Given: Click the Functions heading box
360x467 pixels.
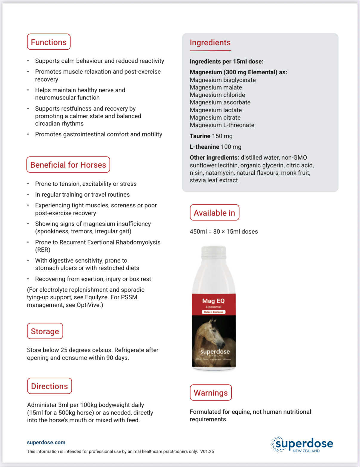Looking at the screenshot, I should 49,42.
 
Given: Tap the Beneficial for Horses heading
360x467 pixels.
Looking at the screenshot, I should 68,165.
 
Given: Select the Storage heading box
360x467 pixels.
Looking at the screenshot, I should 45,331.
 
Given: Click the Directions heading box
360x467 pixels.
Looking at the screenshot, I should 49,386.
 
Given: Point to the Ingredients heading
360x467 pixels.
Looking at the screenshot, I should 210,43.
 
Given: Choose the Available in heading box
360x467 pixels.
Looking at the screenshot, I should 214,213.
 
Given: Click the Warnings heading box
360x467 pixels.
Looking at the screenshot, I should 211,393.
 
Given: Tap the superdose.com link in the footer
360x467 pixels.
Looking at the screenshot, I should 46,442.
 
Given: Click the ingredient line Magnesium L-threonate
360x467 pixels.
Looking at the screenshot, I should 222,125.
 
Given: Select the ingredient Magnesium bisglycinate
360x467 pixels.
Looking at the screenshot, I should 223,80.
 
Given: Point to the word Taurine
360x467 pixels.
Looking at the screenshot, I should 200,136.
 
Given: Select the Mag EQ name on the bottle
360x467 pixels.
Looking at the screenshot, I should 213,301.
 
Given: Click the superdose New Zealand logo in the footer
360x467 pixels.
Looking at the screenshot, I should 302,444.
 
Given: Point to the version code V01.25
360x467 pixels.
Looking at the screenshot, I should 207,451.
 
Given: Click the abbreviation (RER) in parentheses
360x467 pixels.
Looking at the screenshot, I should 43,250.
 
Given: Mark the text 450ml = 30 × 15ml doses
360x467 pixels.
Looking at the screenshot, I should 224,232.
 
